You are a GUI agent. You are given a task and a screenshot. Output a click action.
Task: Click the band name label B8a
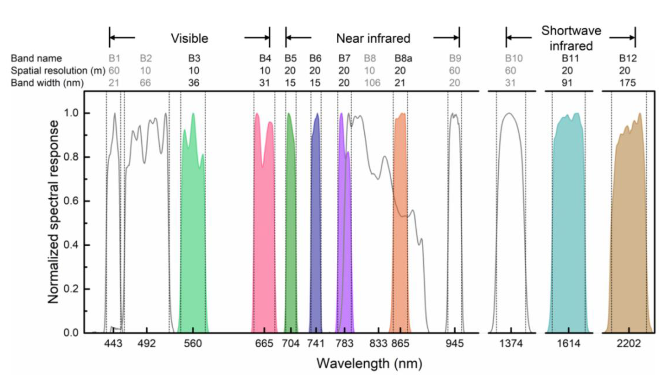[x=403, y=58]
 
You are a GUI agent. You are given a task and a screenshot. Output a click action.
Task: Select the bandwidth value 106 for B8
[x=372, y=83]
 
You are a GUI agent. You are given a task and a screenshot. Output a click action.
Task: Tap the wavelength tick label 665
[x=264, y=344]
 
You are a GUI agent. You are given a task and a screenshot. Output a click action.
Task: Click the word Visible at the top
[x=189, y=38]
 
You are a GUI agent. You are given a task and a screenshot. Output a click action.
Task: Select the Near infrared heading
[x=373, y=38]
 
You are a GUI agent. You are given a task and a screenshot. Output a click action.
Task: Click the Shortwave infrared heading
[x=571, y=38]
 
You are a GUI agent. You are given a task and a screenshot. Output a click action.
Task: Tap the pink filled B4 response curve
[x=264, y=244]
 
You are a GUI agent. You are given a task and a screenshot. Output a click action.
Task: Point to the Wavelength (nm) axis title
[x=369, y=364]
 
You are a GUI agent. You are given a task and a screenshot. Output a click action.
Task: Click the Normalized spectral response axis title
[x=53, y=212]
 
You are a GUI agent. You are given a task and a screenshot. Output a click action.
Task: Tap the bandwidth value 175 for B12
[x=627, y=83]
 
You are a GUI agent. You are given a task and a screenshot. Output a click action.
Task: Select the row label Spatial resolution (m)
[x=58, y=71]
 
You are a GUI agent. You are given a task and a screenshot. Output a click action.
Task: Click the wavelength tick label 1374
[x=511, y=344]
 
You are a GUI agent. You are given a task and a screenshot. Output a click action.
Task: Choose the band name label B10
[x=514, y=58]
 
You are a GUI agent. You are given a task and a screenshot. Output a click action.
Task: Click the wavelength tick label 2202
[x=629, y=344]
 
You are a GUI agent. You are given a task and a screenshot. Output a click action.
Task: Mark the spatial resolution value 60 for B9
[x=454, y=71]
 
